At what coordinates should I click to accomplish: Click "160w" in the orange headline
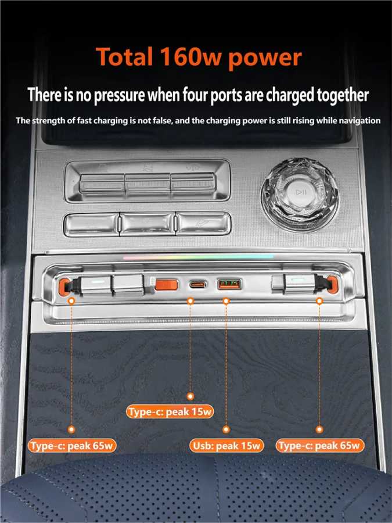click(190, 57)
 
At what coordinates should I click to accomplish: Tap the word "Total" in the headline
click(125, 56)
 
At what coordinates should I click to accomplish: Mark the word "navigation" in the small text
click(359, 121)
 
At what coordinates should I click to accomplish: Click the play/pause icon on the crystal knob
click(301, 192)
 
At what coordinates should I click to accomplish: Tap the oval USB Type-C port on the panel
click(198, 285)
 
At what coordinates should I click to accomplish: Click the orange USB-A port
click(229, 284)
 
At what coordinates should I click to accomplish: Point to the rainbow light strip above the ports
click(199, 257)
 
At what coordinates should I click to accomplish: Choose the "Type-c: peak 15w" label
click(170, 411)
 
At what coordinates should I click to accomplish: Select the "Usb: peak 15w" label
click(226, 446)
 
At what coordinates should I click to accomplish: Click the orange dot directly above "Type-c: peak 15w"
click(190, 396)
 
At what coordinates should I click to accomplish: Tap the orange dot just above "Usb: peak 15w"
click(226, 429)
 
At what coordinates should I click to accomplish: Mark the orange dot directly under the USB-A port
click(226, 301)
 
